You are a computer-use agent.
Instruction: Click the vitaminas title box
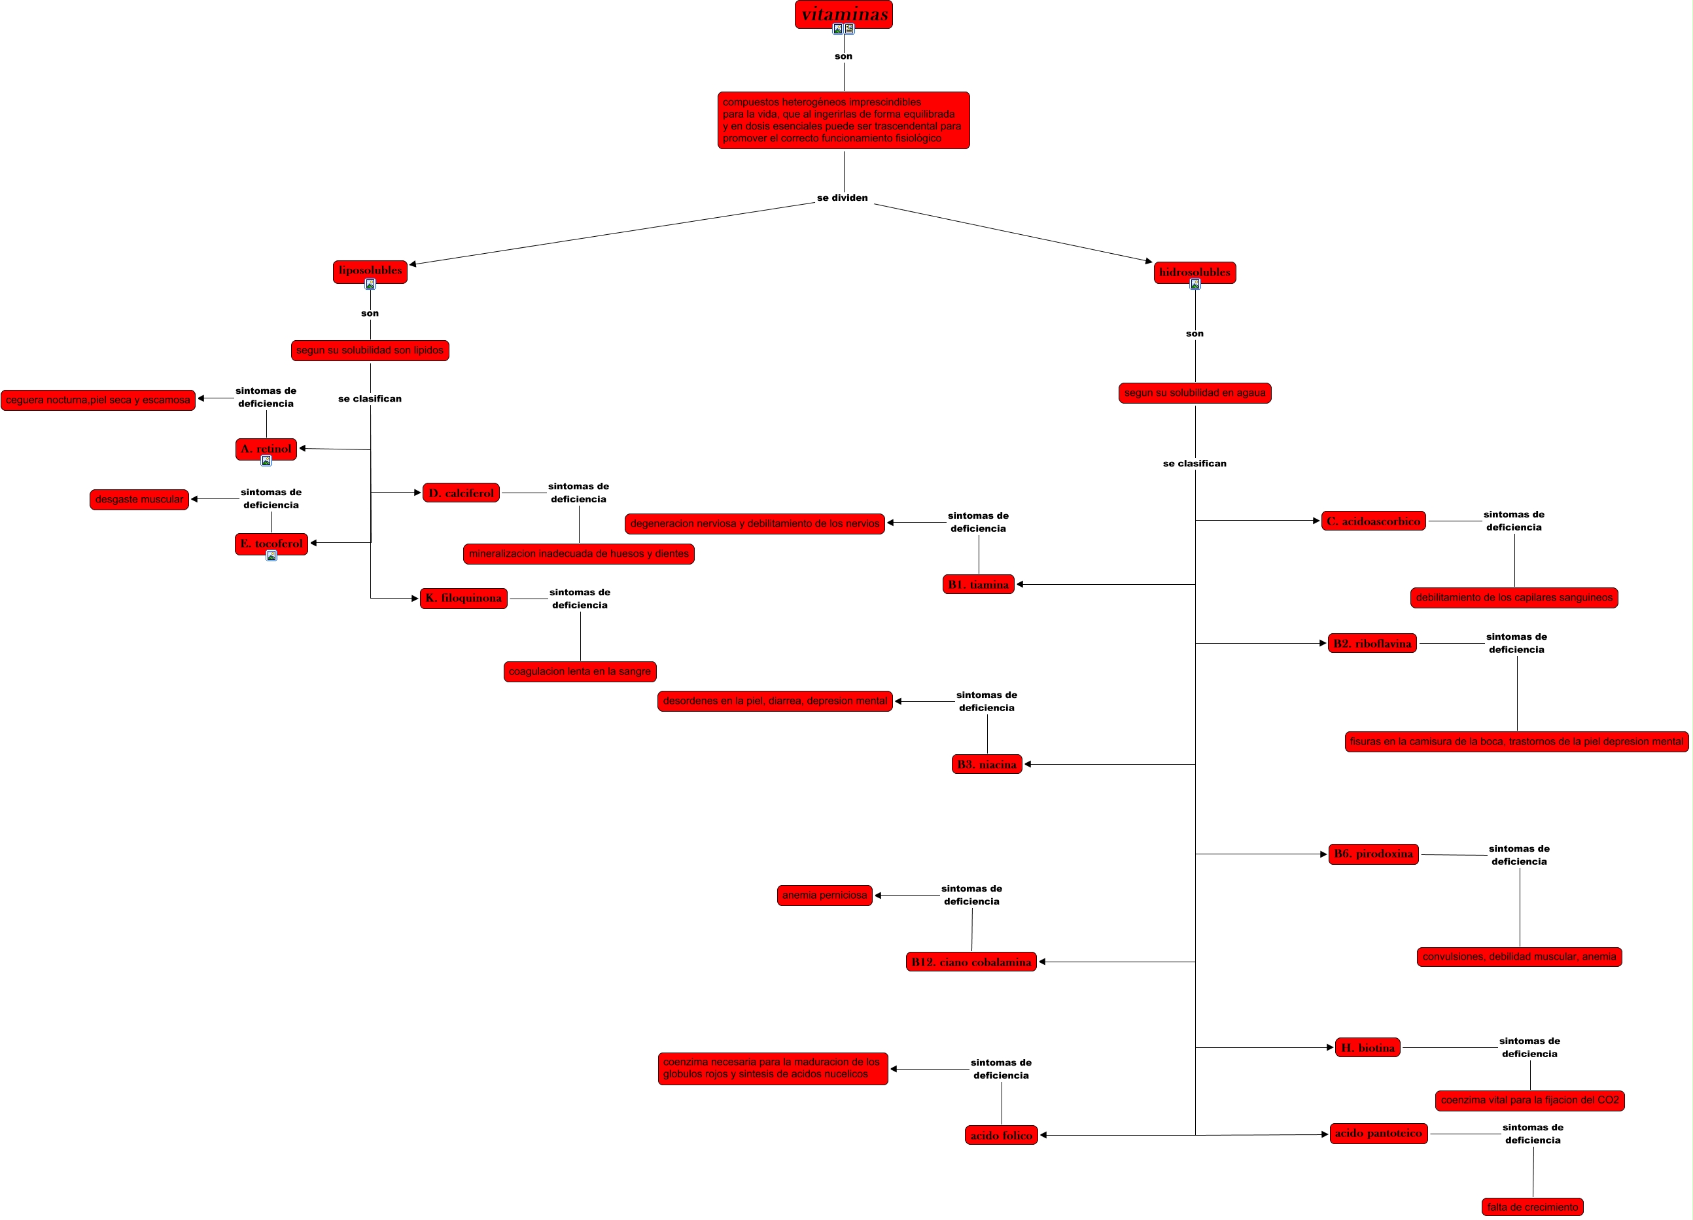point(843,14)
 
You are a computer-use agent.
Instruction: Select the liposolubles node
point(370,271)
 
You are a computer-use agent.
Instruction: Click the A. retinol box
point(266,449)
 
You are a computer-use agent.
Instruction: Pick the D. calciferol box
point(461,493)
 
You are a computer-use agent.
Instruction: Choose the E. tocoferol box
point(271,544)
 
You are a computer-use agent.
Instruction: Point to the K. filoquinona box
point(464,598)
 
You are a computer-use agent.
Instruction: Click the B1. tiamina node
point(978,585)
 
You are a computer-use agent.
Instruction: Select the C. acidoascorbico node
point(1374,521)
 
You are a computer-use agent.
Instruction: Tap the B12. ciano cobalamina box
point(971,962)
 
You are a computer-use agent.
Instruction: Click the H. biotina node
point(1367,1047)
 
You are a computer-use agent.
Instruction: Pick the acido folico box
point(1001,1135)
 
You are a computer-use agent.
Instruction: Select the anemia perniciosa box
point(825,896)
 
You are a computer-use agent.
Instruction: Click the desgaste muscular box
point(139,500)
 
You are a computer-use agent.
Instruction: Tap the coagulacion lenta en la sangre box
point(580,671)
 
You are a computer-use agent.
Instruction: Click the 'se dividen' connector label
point(842,198)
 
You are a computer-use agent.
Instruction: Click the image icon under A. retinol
point(266,461)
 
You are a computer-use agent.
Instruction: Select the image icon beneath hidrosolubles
point(1195,285)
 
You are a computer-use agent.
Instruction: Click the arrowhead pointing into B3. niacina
point(1028,764)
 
